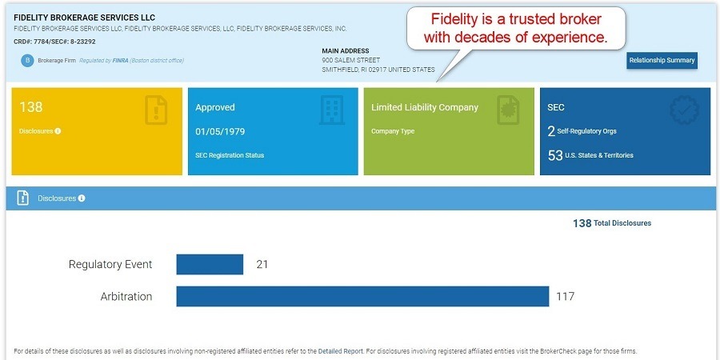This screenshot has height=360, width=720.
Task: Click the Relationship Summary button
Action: tap(662, 60)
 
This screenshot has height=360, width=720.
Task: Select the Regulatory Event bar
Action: tap(210, 264)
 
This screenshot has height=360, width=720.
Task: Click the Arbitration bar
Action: tap(362, 296)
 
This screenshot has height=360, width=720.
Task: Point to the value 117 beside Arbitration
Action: tap(565, 297)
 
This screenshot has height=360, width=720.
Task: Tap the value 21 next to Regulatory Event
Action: tap(262, 264)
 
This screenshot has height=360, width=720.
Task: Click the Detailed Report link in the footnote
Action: tap(340, 351)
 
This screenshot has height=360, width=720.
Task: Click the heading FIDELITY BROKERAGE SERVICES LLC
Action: tap(85, 18)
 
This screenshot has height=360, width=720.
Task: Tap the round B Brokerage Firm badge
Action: tap(27, 60)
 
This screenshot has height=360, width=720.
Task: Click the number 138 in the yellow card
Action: tap(30, 107)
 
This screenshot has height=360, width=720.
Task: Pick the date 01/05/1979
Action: tap(218, 131)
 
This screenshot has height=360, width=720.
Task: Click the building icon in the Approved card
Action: tap(331, 110)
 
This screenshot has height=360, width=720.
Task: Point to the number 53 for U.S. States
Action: tap(555, 155)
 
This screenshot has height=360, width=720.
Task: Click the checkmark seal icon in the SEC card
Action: tap(684, 110)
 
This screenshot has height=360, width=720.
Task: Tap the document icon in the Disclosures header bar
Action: tap(23, 198)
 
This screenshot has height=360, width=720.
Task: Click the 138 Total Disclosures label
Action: tap(611, 223)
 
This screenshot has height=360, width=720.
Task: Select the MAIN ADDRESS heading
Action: tap(346, 51)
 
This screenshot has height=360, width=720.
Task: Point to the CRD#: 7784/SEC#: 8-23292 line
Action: tap(54, 41)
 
